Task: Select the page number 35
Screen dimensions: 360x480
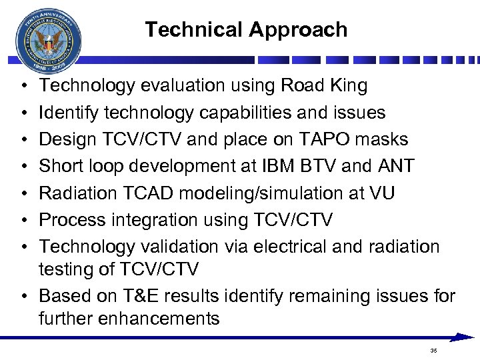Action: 433,351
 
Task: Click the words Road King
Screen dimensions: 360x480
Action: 324,85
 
